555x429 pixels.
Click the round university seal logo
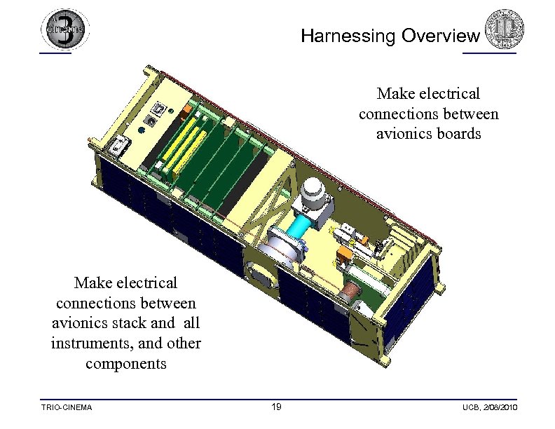(500, 27)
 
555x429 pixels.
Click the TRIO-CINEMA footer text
(67, 407)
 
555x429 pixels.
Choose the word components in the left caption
(126, 364)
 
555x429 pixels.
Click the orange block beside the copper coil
(345, 255)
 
